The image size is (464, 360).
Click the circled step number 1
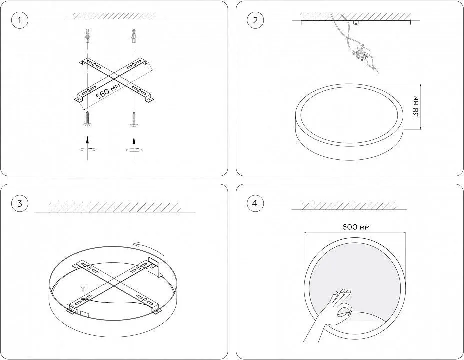click(x=20, y=20)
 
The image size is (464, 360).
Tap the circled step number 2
click(x=255, y=20)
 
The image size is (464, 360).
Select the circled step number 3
click(x=20, y=204)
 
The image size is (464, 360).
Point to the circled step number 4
click(x=255, y=204)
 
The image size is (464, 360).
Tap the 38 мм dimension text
click(x=416, y=106)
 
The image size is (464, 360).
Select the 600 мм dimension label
click(x=356, y=227)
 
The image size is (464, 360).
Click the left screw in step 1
click(x=87, y=119)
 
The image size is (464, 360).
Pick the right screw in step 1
click(x=134, y=119)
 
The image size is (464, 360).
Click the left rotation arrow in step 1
click(x=88, y=149)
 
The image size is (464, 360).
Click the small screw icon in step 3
click(x=83, y=289)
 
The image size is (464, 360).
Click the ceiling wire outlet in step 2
click(x=356, y=22)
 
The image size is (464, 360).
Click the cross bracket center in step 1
click(x=114, y=79)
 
